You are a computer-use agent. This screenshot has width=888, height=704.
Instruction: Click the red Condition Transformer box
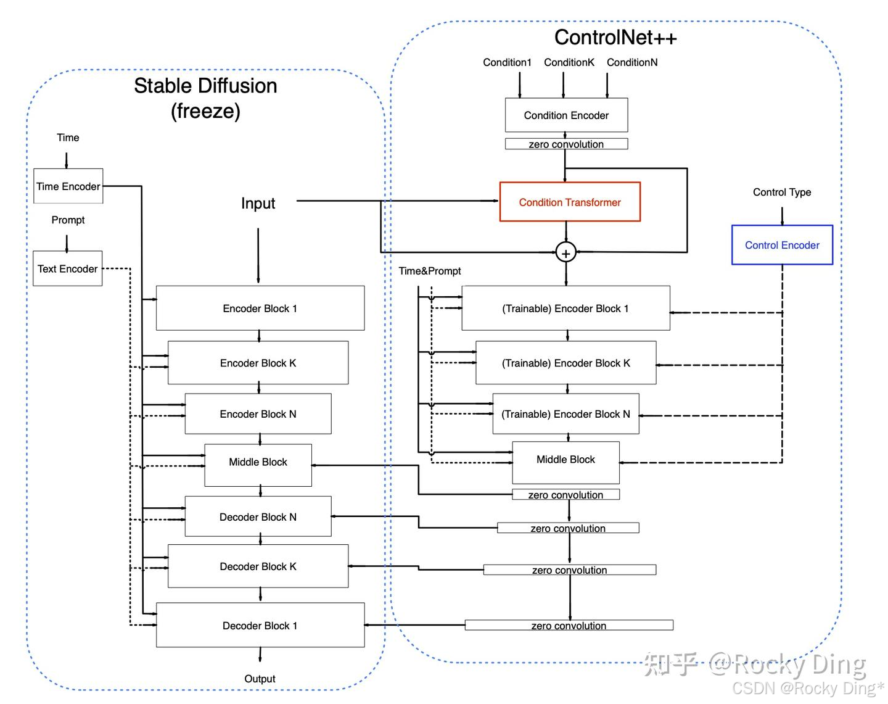569,202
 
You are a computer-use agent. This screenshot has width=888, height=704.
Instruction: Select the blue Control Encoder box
781,245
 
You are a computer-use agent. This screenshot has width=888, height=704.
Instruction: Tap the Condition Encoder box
565,115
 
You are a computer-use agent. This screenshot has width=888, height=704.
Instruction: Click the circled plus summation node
565,252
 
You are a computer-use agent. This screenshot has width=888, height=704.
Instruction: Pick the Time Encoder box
68,186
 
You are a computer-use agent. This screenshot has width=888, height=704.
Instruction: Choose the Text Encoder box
67,268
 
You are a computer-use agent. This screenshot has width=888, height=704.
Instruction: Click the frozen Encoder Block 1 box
260,308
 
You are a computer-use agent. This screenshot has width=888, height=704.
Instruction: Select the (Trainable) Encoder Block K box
565,363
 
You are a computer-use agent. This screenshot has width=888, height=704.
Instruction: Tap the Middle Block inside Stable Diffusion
258,462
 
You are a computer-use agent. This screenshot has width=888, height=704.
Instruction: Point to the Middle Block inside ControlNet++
565,460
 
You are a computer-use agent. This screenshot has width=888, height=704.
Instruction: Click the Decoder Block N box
258,516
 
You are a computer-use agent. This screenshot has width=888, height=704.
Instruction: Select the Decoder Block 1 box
260,625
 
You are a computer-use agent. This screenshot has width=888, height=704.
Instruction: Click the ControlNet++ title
615,37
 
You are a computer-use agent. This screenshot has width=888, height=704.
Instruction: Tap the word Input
258,203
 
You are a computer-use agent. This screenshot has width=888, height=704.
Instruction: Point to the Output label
260,678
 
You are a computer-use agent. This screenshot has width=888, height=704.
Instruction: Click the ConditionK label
569,62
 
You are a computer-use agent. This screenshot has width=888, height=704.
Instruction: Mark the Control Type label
781,192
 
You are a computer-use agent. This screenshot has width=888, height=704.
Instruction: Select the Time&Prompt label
429,271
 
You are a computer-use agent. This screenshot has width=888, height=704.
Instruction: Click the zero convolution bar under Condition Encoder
565,144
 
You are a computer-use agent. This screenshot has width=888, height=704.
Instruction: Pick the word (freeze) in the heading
205,111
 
